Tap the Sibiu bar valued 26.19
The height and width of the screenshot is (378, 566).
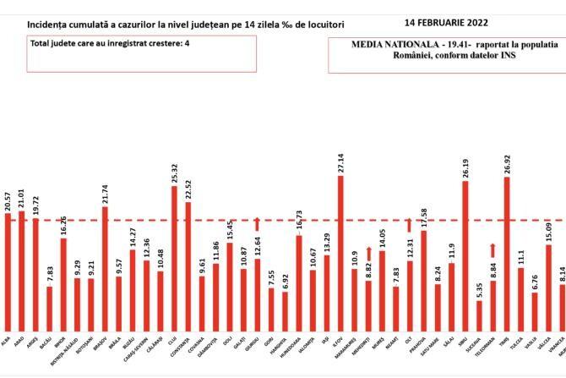pyautogui.click(x=465, y=255)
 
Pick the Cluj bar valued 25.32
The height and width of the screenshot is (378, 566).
pyautogui.click(x=175, y=257)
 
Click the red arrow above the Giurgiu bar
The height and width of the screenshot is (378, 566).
pyautogui.click(x=258, y=223)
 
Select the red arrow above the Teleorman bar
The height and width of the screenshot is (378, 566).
pyautogui.click(x=493, y=249)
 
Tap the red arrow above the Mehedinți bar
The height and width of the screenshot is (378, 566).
pyautogui.click(x=368, y=253)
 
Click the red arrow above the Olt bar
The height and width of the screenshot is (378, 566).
pyautogui.click(x=410, y=224)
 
